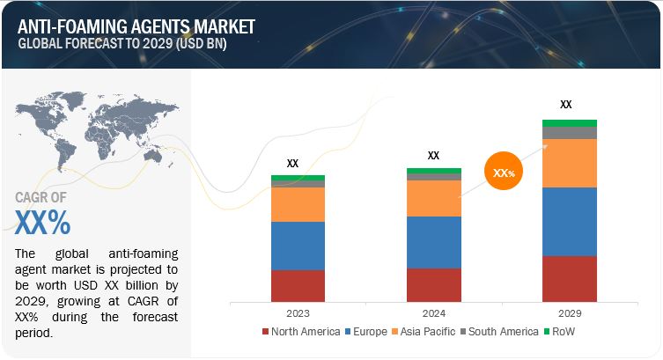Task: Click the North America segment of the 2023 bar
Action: click(x=298, y=285)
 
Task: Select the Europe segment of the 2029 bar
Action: click(x=569, y=221)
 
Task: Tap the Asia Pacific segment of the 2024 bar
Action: click(x=433, y=198)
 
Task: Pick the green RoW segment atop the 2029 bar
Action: click(x=569, y=123)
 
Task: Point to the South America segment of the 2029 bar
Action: click(x=569, y=133)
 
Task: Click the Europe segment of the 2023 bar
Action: click(x=298, y=246)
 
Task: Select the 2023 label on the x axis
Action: click(x=298, y=312)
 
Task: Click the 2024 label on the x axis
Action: click(x=433, y=312)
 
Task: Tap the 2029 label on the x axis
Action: click(x=569, y=312)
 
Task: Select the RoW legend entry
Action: click(x=564, y=331)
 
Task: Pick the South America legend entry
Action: click(x=501, y=331)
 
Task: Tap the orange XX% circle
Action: click(x=504, y=173)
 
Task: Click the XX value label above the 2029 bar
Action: click(x=566, y=105)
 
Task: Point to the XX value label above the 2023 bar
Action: click(x=293, y=163)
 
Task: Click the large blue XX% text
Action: click(x=43, y=223)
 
